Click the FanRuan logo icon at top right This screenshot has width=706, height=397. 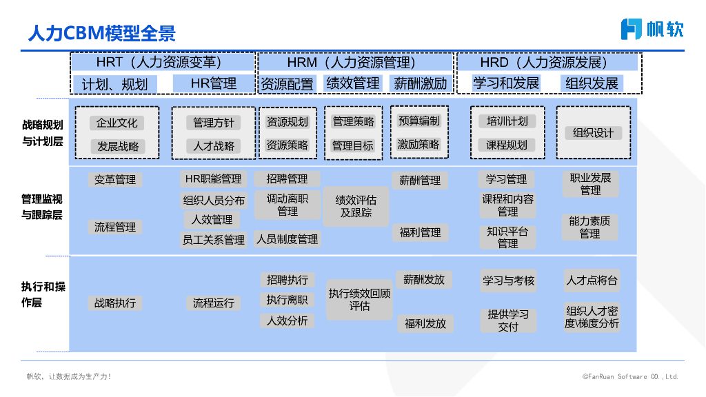631,29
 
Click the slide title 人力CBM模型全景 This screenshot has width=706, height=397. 101,33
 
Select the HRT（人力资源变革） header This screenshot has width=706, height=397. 163,63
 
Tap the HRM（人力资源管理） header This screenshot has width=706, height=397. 355,63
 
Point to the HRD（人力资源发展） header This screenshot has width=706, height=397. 549,63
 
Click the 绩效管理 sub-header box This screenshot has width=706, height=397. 352,83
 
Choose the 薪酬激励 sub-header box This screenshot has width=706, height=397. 420,84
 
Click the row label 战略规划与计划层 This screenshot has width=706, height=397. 43,133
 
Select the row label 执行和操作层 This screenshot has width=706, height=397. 43,294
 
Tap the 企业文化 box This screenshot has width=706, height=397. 117,123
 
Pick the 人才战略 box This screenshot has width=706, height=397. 213,146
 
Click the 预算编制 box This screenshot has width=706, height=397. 418,121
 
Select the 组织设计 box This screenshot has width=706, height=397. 593,132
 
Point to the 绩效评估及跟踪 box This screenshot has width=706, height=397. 356,206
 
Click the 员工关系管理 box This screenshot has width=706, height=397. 213,240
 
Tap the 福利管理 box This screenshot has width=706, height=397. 420,233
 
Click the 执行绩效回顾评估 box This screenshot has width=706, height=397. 359,299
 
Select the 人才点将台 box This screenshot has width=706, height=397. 592,281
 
